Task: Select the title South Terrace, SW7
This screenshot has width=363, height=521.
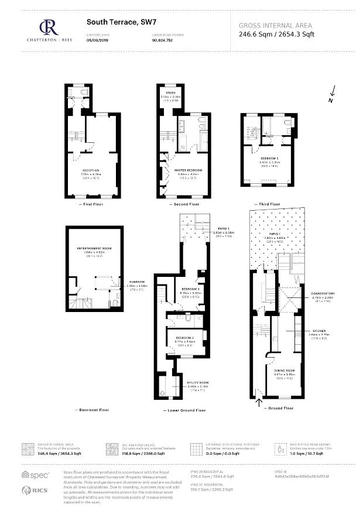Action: [113, 22]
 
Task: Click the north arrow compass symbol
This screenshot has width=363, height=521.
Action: [331, 94]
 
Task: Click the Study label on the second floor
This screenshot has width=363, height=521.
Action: [171, 93]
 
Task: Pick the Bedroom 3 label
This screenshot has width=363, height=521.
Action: [190, 290]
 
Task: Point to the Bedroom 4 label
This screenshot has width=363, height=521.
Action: [184, 339]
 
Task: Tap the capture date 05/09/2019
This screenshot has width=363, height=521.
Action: [97, 40]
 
